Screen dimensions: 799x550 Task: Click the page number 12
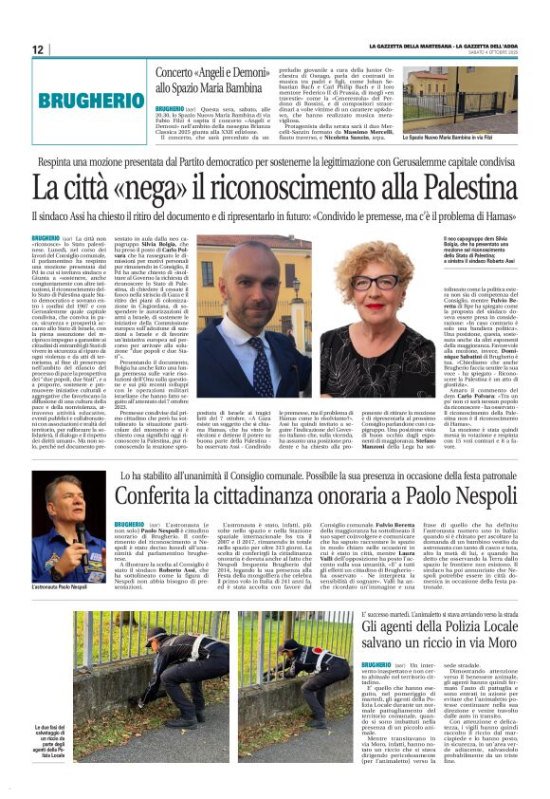[38, 49]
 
